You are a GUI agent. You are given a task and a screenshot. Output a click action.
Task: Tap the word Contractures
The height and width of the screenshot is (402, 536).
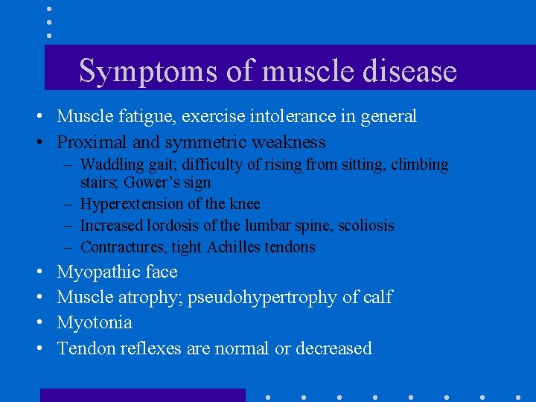point(123,247)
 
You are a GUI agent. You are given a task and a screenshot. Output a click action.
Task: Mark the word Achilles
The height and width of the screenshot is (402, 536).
point(232,247)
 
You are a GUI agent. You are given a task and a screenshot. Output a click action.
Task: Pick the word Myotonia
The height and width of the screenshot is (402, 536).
point(95,323)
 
